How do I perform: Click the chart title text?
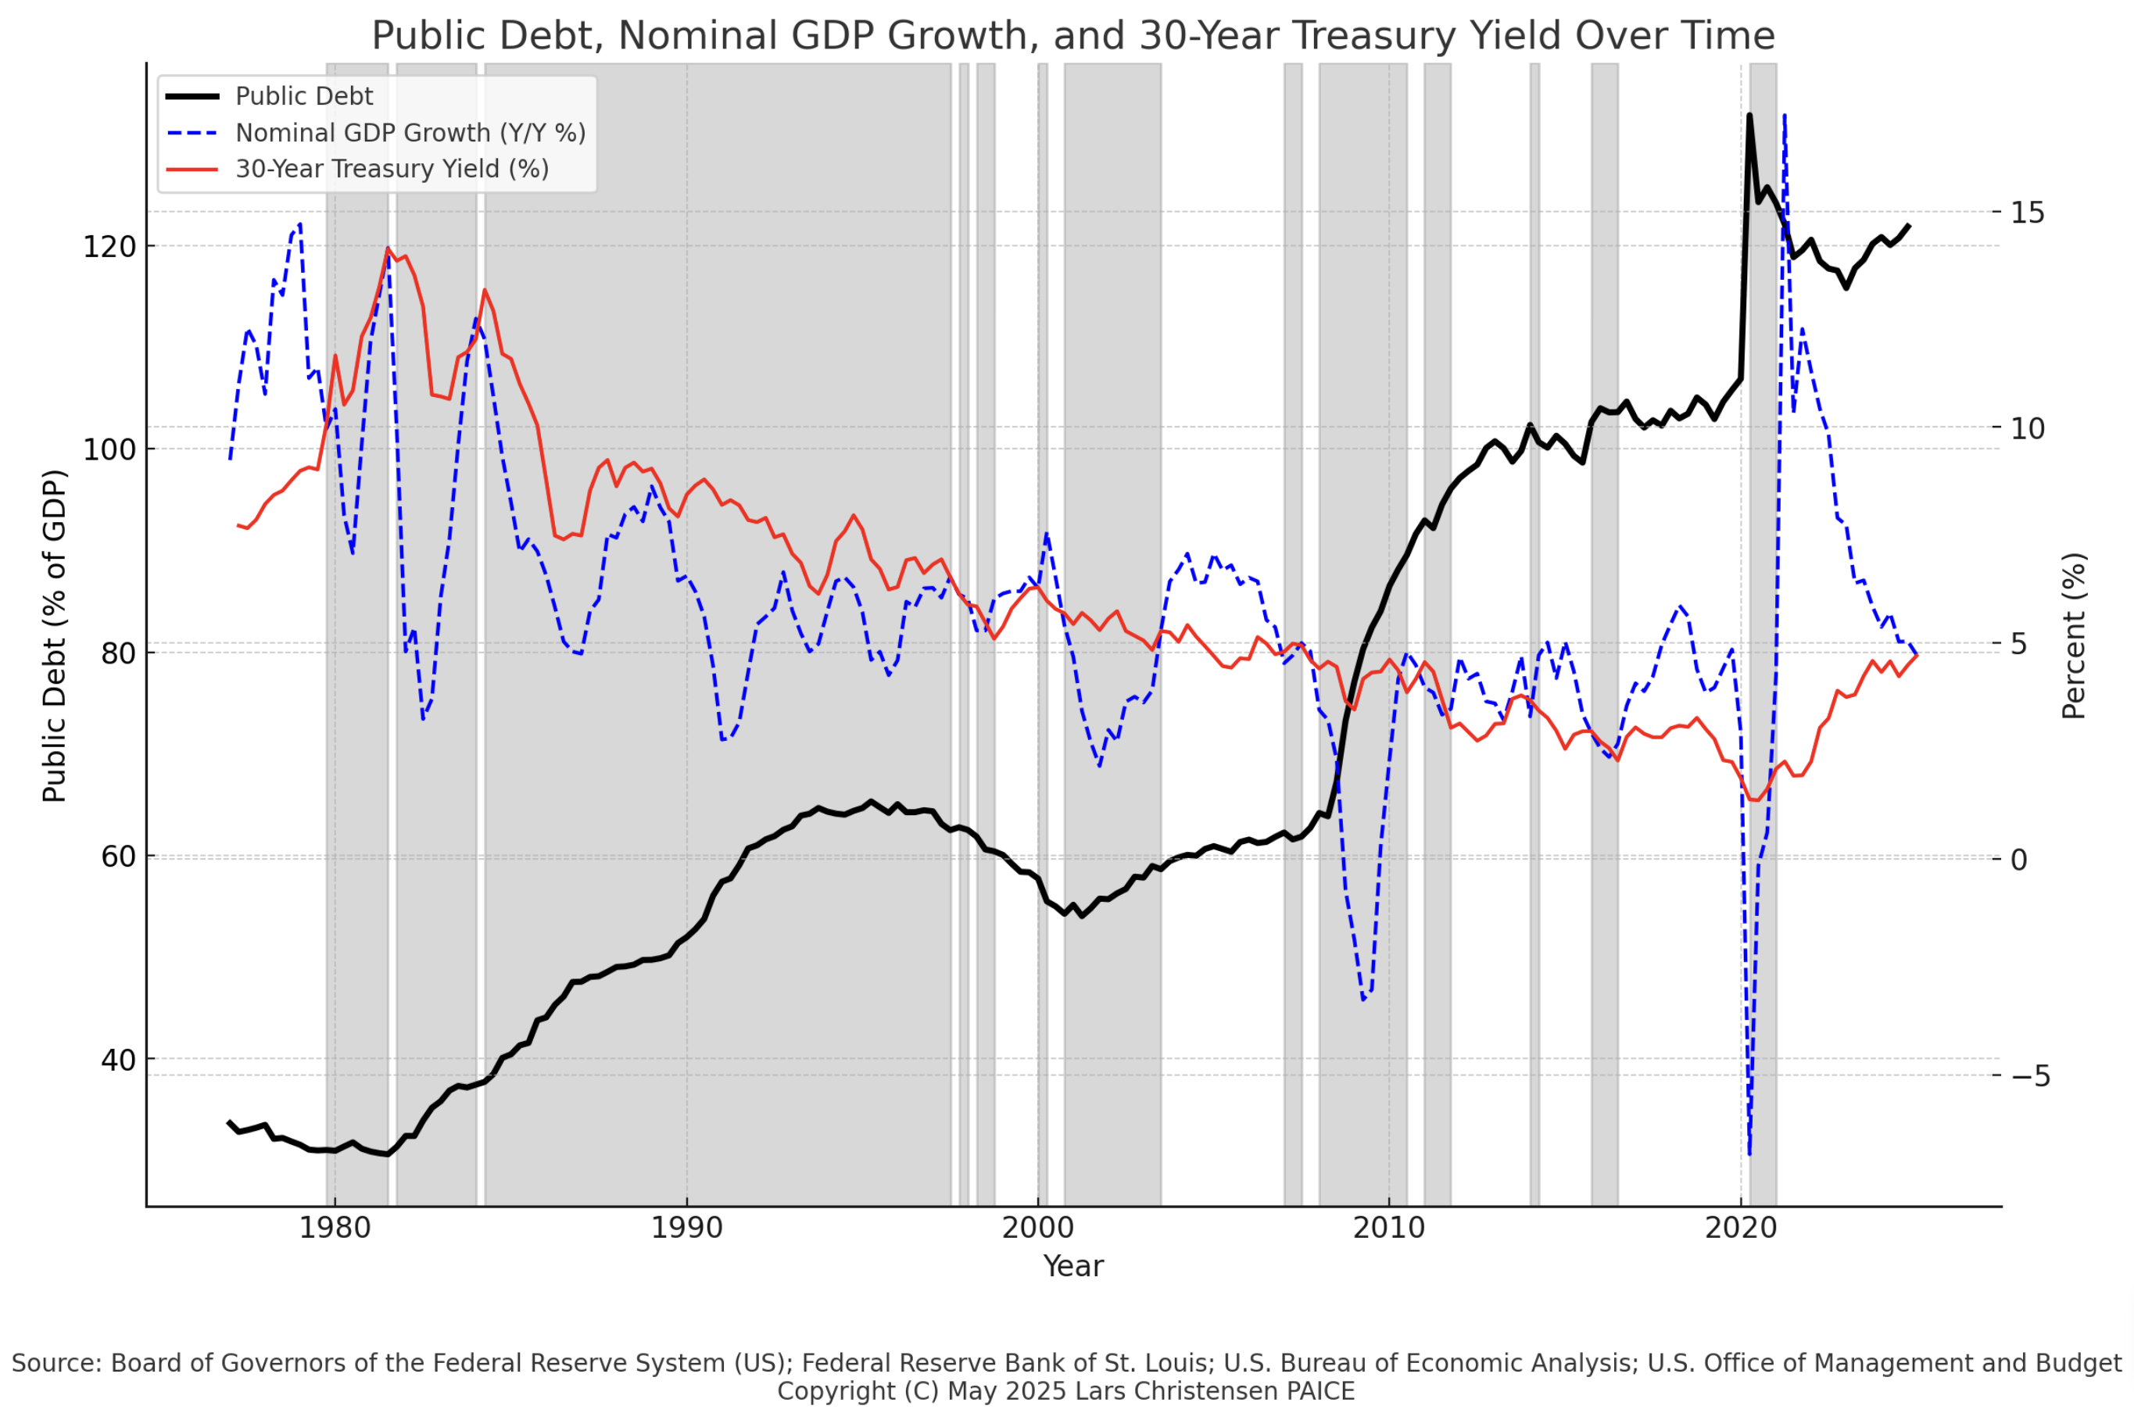[x=1072, y=36]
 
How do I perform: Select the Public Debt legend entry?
[x=304, y=96]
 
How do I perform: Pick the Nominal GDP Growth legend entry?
[x=410, y=134]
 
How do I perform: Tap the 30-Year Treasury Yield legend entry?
[x=391, y=170]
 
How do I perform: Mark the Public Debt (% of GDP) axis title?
[x=55, y=635]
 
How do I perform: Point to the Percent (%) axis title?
[x=2074, y=635]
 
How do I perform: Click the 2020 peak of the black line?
[x=1749, y=116]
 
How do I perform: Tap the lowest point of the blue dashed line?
[x=1749, y=1154]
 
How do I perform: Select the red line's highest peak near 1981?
[x=388, y=249]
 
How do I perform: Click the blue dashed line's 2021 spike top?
[x=1785, y=116]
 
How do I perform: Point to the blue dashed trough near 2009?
[x=1363, y=1000]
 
